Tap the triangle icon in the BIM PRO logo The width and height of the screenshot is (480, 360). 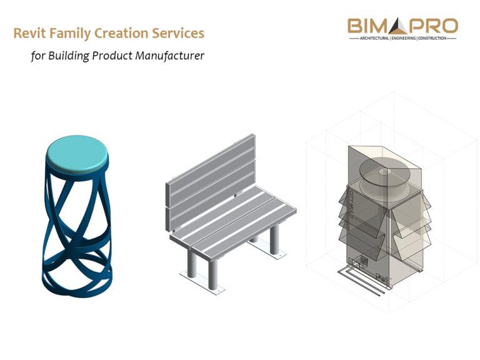click(x=399, y=26)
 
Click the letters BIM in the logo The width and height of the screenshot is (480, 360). click(x=369, y=27)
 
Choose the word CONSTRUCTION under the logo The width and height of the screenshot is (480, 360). click(x=434, y=39)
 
